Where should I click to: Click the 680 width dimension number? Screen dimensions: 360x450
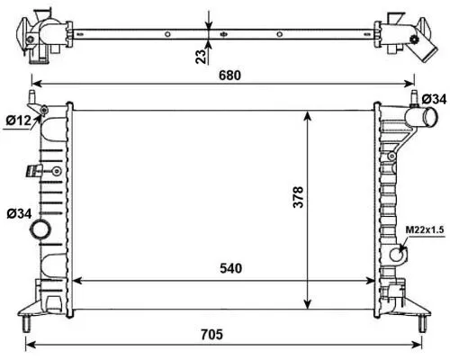[230, 76]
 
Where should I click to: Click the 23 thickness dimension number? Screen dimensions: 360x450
[199, 55]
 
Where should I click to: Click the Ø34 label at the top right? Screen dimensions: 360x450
[433, 98]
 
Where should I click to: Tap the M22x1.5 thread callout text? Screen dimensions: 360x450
[423, 229]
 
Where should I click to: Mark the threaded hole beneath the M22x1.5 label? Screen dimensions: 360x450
[394, 254]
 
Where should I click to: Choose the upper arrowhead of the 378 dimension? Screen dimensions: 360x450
[310, 115]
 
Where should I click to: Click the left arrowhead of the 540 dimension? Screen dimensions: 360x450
[76, 278]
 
